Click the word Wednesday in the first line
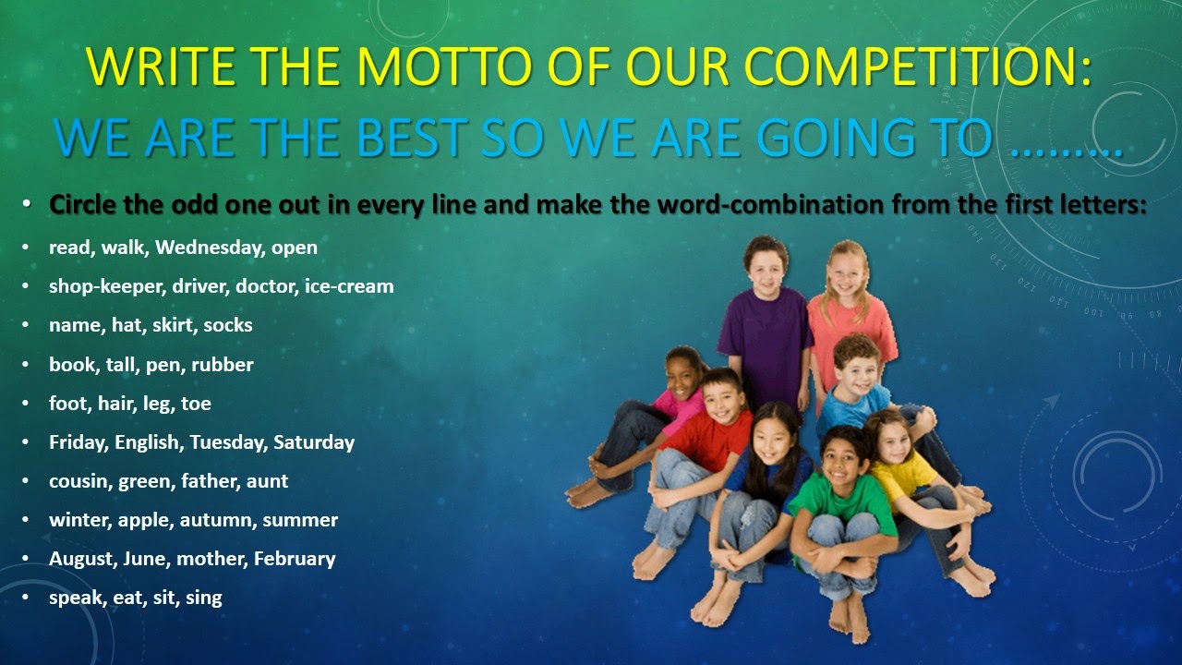click(x=210, y=247)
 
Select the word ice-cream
click(x=349, y=286)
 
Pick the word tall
click(x=120, y=364)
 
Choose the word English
click(x=148, y=442)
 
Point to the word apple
click(x=146, y=520)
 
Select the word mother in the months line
click(x=212, y=559)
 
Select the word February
click(x=295, y=559)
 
